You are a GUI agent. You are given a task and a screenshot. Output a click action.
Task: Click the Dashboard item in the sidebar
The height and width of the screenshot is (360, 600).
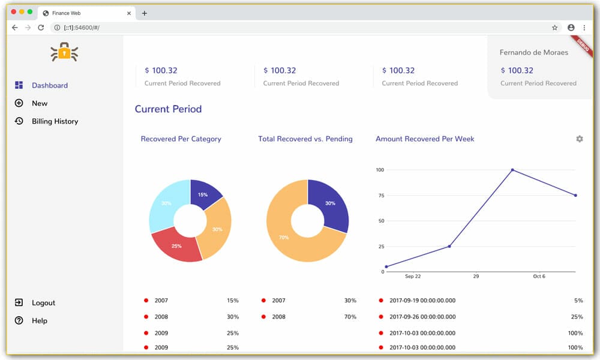click(49, 85)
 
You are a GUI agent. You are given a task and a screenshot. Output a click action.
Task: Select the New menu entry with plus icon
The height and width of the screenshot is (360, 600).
click(39, 103)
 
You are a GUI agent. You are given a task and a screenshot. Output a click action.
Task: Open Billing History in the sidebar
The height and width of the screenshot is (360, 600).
click(55, 121)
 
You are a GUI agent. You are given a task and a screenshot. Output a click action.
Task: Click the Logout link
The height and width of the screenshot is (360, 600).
click(43, 303)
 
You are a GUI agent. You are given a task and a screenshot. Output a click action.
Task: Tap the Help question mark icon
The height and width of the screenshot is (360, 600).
click(19, 321)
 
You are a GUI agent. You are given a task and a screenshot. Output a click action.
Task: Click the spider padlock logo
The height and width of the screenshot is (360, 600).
click(64, 53)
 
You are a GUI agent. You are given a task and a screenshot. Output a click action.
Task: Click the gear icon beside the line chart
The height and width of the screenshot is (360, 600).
click(579, 139)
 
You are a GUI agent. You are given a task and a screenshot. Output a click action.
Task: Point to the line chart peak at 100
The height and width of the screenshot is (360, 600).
click(512, 170)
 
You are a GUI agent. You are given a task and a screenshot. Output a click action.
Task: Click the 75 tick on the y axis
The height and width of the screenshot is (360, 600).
click(379, 195)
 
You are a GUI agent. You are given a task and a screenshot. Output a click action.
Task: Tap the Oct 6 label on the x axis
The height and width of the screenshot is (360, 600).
click(539, 277)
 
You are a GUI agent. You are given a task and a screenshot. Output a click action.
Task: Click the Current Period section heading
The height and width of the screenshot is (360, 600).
click(168, 109)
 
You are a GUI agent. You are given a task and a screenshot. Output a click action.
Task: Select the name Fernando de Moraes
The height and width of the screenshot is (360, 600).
click(533, 52)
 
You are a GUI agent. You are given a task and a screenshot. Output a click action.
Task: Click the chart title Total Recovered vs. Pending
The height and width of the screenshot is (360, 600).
click(305, 139)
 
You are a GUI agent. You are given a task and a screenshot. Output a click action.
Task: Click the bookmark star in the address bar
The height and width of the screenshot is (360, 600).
click(554, 28)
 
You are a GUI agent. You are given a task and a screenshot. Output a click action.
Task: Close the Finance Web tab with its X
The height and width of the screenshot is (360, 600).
click(129, 13)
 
